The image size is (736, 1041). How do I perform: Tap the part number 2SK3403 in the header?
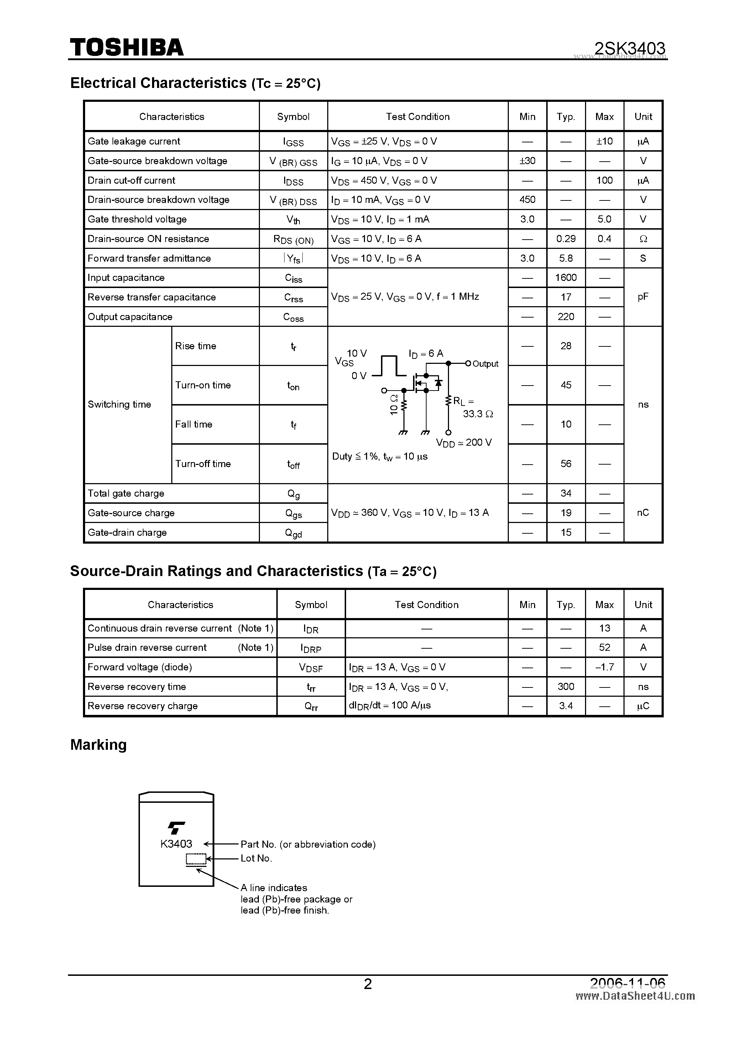click(630, 48)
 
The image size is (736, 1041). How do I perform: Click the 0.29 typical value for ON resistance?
click(565, 239)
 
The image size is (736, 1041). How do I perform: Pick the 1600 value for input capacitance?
click(565, 278)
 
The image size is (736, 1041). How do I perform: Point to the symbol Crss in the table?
click(293, 297)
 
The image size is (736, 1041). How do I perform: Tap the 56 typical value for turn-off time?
click(565, 464)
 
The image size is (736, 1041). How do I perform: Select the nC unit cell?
click(643, 513)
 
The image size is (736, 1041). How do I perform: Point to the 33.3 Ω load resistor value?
click(477, 414)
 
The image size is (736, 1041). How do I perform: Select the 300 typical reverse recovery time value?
click(565, 686)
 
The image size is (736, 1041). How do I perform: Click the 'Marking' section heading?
click(98, 745)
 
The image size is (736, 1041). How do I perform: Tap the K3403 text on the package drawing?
click(176, 844)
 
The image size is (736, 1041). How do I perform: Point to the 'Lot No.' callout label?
click(256, 858)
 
